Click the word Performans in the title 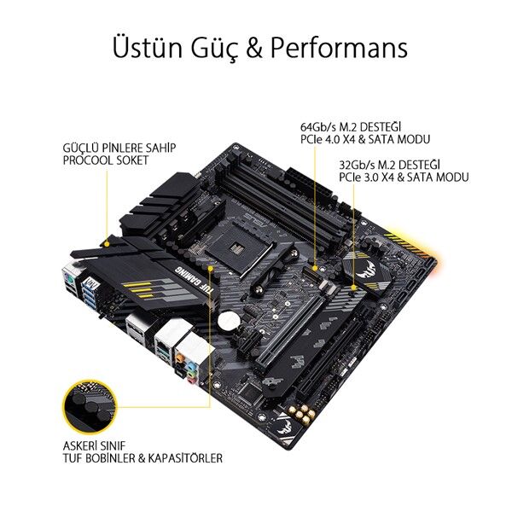[x=339, y=48]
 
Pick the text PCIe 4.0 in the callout [x=323, y=139]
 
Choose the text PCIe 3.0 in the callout [x=362, y=177]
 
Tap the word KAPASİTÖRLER [x=185, y=457]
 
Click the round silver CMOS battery [x=229, y=320]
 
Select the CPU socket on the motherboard [x=238, y=249]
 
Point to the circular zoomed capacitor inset [x=90, y=406]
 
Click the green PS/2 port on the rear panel [x=68, y=278]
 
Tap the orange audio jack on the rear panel [x=178, y=359]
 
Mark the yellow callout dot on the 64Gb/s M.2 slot [x=315, y=268]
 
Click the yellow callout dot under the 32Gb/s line [x=353, y=288]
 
